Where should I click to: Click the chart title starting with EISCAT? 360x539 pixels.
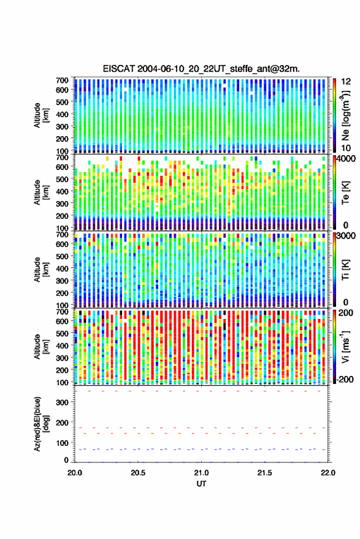[x=201, y=69]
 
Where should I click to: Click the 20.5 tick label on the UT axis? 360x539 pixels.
[x=138, y=473]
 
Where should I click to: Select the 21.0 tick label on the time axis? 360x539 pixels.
[x=201, y=473]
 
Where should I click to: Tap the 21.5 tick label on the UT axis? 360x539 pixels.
[x=264, y=473]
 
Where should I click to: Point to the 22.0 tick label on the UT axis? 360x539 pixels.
[x=327, y=473]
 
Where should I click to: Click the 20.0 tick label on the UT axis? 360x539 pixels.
[x=75, y=473]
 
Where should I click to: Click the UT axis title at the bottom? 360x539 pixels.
[x=201, y=484]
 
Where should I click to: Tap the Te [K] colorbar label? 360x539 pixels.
[x=345, y=193]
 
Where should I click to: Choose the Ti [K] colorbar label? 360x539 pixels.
[x=345, y=270]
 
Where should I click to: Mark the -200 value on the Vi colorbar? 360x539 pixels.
[x=345, y=380]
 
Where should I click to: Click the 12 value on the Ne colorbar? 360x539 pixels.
[x=346, y=82]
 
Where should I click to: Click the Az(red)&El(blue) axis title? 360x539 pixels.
[x=42, y=424]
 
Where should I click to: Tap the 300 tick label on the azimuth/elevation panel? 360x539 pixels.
[x=62, y=402]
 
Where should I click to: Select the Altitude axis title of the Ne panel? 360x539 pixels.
[x=41, y=115]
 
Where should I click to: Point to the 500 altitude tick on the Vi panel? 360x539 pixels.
[x=62, y=334]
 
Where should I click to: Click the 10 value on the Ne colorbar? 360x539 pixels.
[x=346, y=148]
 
